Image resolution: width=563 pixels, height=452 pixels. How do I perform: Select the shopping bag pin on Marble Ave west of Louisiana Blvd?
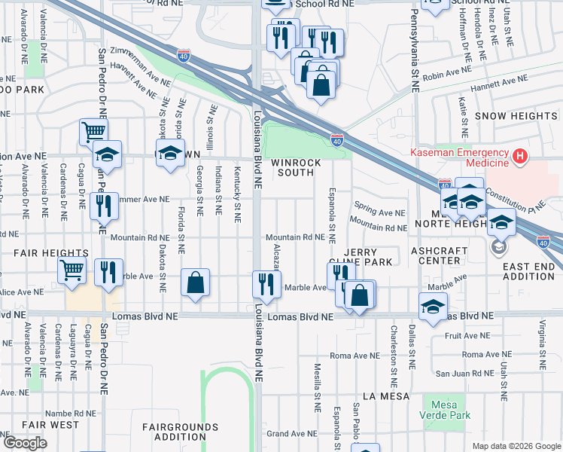click(195, 283)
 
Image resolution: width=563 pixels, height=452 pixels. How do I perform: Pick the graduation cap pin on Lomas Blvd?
click(433, 307)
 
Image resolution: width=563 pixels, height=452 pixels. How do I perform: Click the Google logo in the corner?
click(25, 442)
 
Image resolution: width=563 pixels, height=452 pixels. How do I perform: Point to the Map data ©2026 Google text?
click(516, 446)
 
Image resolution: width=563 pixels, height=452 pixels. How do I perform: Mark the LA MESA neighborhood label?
click(385, 395)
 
